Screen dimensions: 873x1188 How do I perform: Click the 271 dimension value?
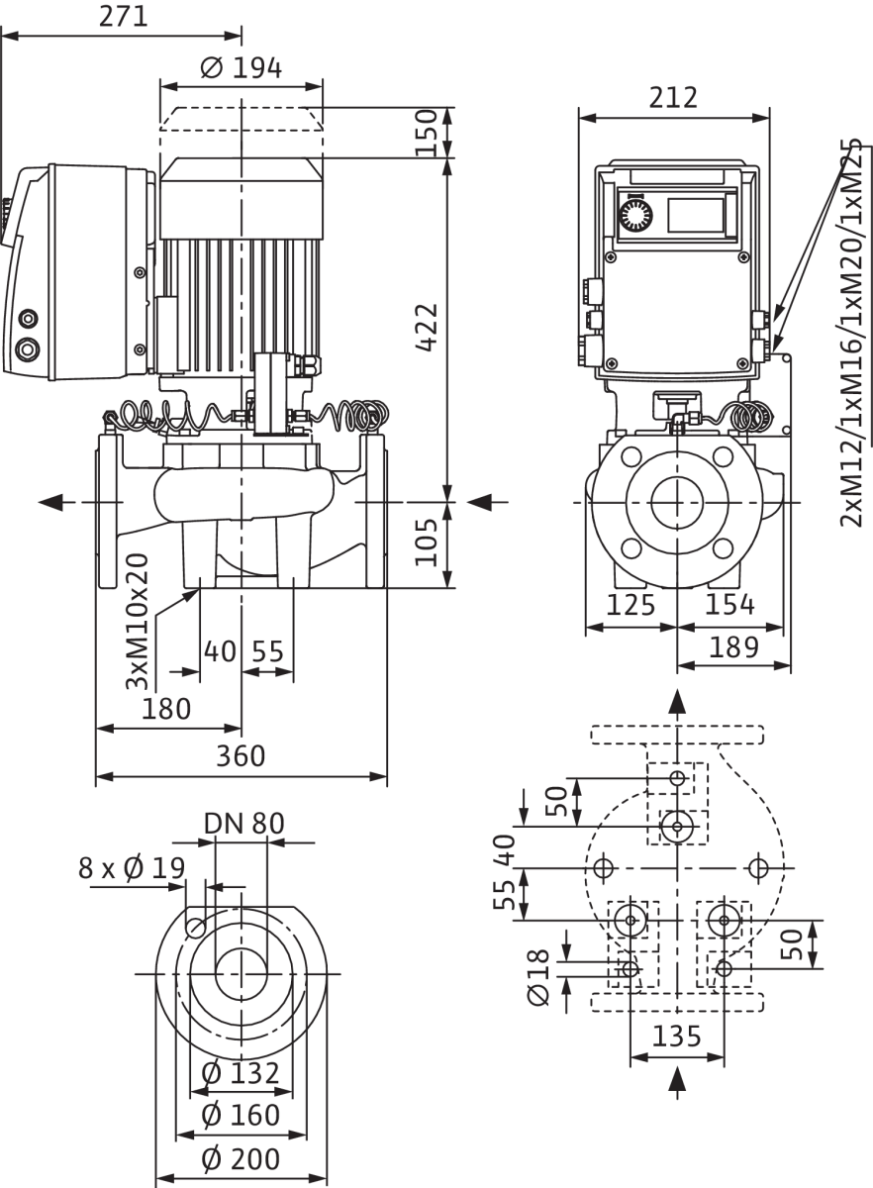click(x=123, y=17)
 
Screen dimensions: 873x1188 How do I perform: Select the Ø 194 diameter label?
click(x=242, y=68)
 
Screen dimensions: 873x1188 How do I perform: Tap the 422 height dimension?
click(x=427, y=328)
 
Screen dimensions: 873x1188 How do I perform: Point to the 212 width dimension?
click(x=673, y=98)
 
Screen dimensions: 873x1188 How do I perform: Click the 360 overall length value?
click(x=241, y=756)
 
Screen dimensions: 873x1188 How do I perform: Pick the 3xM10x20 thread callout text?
click(x=137, y=621)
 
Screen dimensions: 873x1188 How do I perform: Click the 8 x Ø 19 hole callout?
click(x=132, y=868)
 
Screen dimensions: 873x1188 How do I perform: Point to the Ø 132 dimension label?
click(x=241, y=1074)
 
